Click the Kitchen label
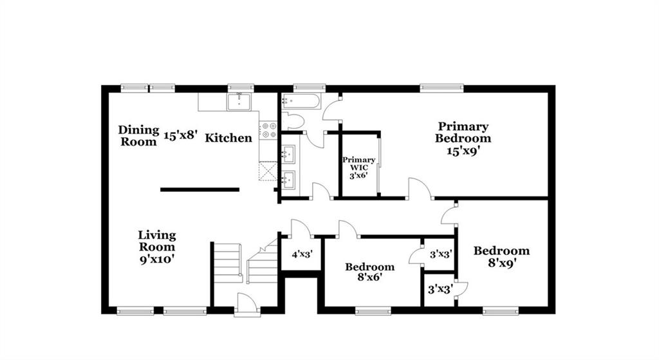tap(228, 138)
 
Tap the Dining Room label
tap(138, 135)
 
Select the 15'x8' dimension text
tap(180, 135)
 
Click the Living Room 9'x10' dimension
tap(157, 259)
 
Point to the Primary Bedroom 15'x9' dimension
tap(463, 151)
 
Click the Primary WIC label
tap(358, 164)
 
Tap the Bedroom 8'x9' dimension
tap(502, 263)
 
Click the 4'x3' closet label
tap(302, 254)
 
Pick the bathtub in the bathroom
tap(301, 101)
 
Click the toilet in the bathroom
tap(293, 121)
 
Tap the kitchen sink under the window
tap(239, 102)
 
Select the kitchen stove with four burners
tap(268, 129)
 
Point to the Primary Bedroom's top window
tap(441, 88)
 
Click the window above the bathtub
tap(310, 88)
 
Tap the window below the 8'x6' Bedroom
tap(373, 311)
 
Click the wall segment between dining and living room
tap(200, 190)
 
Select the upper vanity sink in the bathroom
tap(288, 153)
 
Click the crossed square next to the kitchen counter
tap(268, 171)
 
